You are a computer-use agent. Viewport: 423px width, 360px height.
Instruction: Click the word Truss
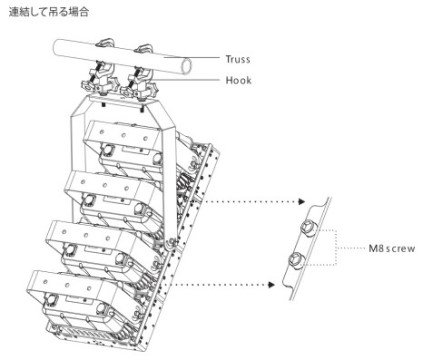click(238, 59)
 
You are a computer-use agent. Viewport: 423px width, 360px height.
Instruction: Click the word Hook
click(238, 80)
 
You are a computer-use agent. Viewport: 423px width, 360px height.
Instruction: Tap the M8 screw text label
click(392, 248)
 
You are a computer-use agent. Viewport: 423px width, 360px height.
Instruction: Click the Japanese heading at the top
click(49, 12)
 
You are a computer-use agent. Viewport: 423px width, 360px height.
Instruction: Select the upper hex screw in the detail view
click(308, 229)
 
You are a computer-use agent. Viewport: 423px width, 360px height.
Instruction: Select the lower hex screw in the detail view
click(296, 259)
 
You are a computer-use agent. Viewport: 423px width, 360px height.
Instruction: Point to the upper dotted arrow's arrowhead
click(301, 201)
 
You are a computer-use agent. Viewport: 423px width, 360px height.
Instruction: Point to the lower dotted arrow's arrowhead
click(271, 285)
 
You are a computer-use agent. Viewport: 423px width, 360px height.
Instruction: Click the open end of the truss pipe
click(186, 66)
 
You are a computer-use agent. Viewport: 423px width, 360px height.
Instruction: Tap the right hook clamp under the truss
click(137, 80)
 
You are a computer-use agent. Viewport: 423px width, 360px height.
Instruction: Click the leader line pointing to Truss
click(192, 58)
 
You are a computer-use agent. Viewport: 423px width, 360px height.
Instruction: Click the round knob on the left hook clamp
click(88, 88)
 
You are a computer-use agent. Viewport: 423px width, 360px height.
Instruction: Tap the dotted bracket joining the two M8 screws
click(336, 247)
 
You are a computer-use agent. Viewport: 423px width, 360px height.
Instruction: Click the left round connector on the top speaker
click(107, 150)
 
